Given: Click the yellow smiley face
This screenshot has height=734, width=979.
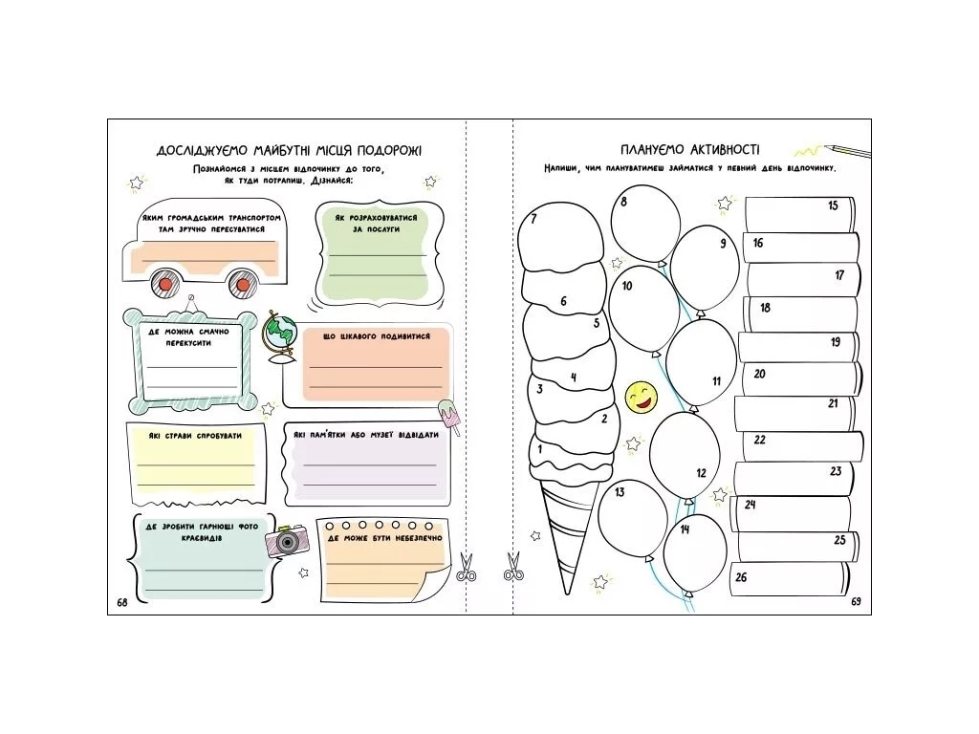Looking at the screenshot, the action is click(x=642, y=397).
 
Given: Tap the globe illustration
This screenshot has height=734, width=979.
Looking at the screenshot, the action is click(x=280, y=337).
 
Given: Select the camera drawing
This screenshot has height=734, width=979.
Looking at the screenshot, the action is click(x=287, y=541).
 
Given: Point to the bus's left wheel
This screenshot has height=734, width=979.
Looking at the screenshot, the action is click(x=165, y=284).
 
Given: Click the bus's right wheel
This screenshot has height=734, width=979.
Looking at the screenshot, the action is click(x=241, y=284).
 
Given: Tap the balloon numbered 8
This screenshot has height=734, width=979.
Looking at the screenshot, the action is click(x=645, y=224).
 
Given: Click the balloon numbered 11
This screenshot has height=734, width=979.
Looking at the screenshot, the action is click(x=701, y=364).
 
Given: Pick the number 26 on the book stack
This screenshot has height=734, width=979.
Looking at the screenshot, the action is click(x=741, y=577).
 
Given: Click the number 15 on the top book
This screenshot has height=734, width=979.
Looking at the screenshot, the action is click(x=833, y=205).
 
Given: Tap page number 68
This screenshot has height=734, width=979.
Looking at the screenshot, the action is click(x=122, y=602).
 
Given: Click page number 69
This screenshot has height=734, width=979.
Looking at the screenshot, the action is click(x=856, y=601).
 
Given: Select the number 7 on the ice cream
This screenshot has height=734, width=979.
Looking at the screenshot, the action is click(x=533, y=219).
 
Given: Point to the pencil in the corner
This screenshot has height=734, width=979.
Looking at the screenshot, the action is click(x=847, y=151).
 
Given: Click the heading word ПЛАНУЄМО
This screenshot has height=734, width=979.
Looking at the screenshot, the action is click(x=652, y=150).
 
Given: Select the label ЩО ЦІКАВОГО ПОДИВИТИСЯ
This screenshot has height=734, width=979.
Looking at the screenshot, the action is click(x=377, y=336).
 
